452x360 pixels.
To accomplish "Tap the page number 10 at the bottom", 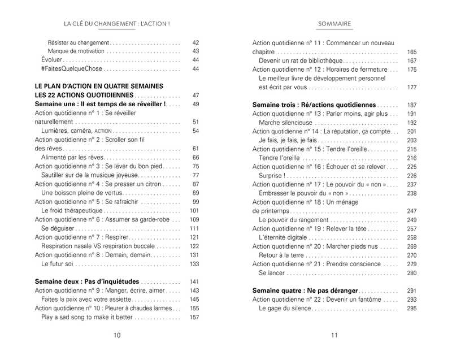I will click(117, 335).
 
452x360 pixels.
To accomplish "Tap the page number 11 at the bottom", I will click(334, 335).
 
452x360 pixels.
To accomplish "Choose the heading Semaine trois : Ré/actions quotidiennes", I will click(314, 105).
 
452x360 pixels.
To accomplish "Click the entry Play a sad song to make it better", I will click(88, 317).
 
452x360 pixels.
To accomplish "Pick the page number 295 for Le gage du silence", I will click(411, 308).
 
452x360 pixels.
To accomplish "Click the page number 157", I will click(194, 317).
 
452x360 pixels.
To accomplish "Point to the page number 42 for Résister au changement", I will click(196, 42).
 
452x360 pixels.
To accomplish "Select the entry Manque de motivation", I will click(76, 51).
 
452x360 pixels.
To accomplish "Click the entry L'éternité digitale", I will click(283, 237).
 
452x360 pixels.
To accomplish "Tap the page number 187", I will click(411, 105).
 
